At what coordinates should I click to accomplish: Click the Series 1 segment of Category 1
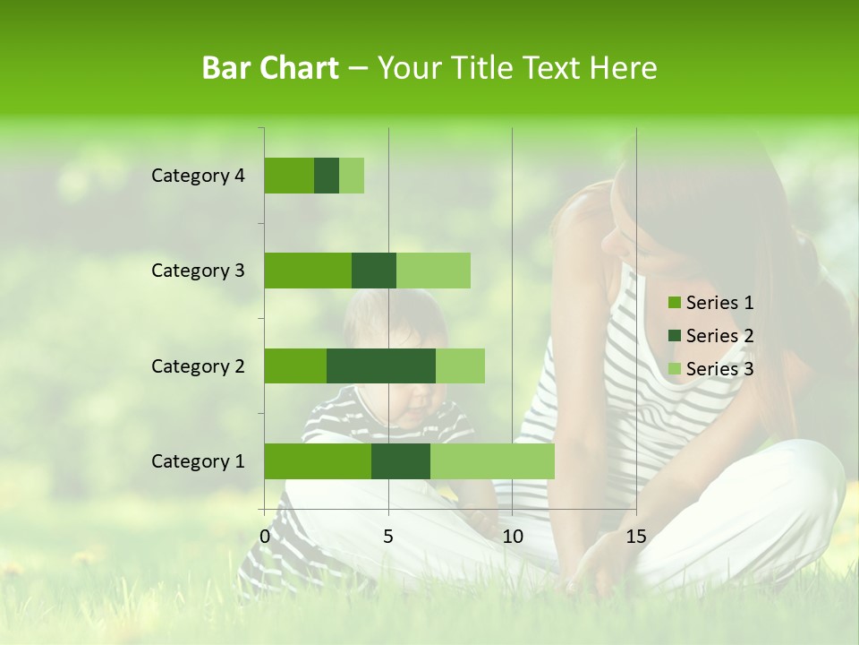318,461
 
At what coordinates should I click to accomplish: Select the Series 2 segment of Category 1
401,461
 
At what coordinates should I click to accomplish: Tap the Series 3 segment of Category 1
492,461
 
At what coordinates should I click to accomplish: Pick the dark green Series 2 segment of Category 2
381,365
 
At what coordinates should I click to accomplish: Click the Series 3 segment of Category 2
460,365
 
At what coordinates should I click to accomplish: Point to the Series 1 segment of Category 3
308,271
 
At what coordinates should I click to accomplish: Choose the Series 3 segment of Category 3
433,271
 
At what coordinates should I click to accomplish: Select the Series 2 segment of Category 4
327,176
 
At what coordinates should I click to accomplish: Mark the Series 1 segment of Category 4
289,176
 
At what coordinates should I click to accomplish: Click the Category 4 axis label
198,176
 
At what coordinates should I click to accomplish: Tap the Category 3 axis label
198,271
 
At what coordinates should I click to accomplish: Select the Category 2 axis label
198,366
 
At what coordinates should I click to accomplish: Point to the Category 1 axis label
198,461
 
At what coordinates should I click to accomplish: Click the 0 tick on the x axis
265,537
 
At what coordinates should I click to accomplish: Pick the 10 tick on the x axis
512,537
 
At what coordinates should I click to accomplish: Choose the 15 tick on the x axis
635,537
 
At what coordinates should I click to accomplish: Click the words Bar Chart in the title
270,68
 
